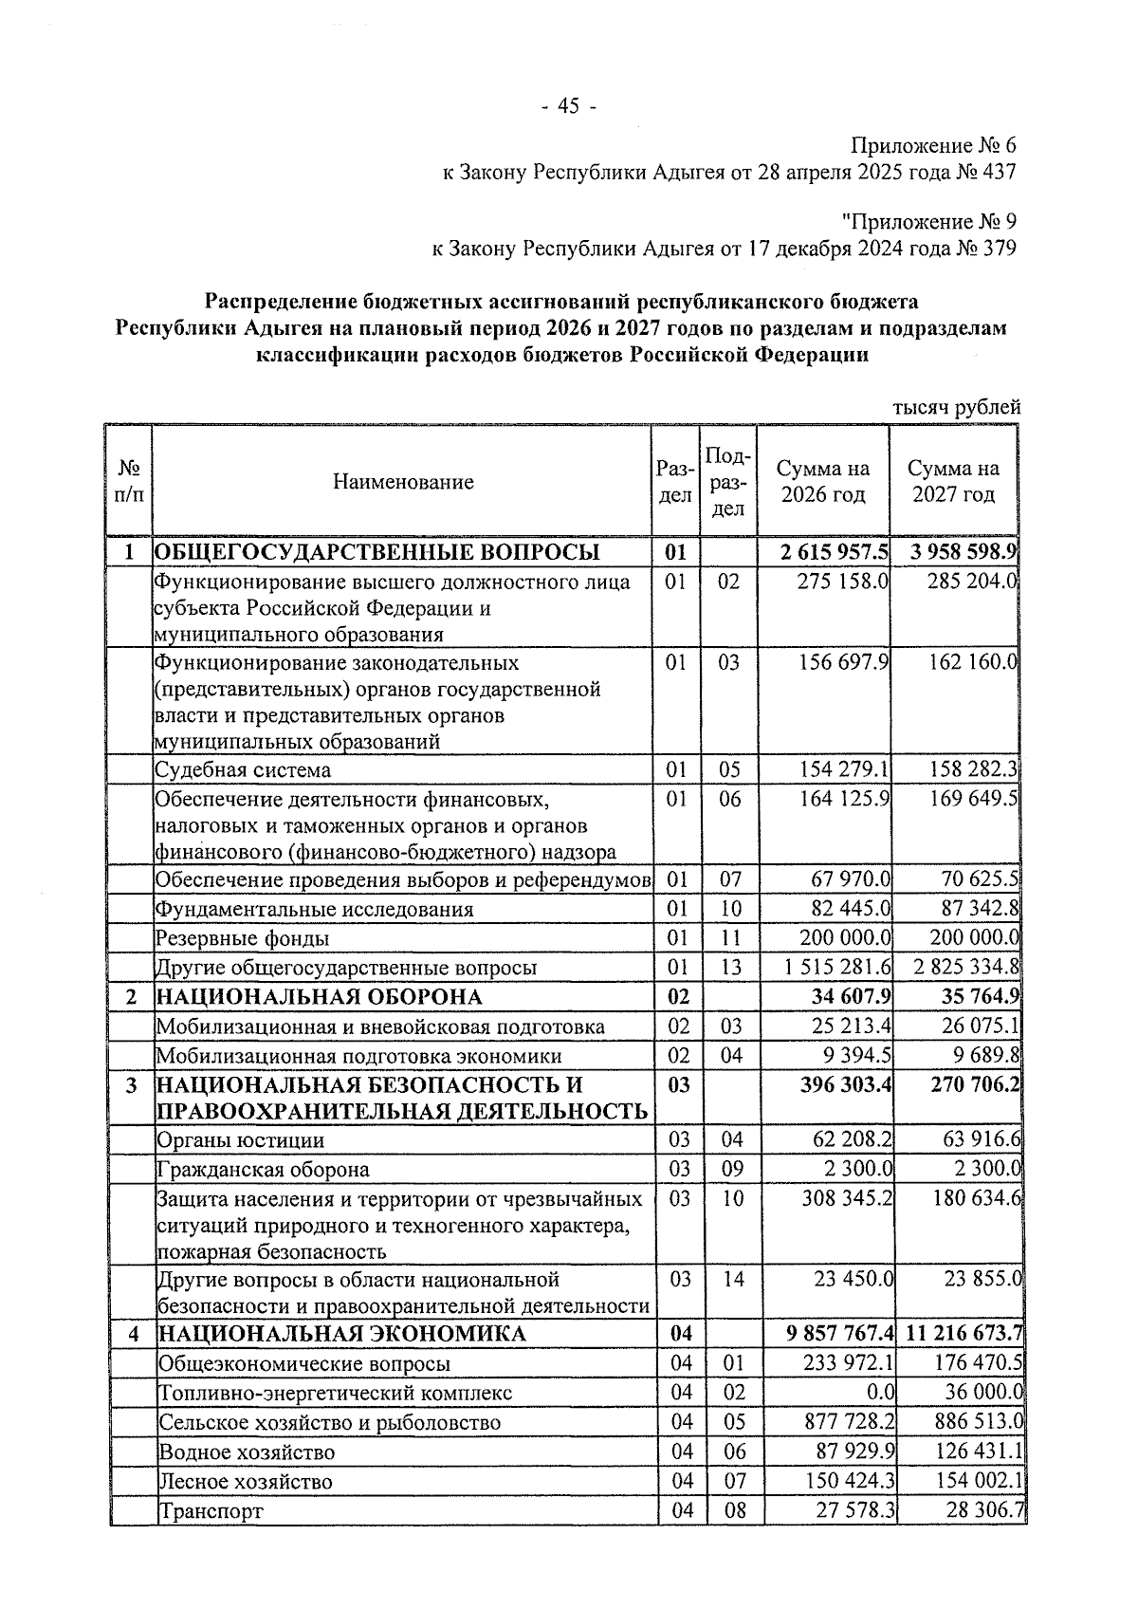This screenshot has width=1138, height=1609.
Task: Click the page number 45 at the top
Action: [568, 106]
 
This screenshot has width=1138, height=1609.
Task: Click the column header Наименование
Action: [403, 482]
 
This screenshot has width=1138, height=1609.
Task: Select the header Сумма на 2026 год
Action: [822, 482]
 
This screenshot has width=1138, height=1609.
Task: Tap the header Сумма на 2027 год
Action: [953, 482]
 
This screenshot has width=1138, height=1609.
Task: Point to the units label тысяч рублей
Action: [957, 407]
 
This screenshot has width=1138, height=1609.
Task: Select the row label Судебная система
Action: [244, 769]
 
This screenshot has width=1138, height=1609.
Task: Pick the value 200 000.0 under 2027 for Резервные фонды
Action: [972, 938]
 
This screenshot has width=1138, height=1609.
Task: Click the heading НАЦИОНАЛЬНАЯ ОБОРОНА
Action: [319, 997]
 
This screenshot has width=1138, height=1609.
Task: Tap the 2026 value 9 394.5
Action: [858, 1056]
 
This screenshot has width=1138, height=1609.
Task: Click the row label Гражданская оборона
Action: [263, 1169]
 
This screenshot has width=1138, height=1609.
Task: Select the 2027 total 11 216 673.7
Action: [964, 1334]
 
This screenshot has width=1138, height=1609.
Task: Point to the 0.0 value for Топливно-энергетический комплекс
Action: [881, 1393]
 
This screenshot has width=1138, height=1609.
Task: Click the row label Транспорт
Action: [211, 1510]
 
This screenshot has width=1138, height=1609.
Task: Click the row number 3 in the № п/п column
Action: [132, 1084]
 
